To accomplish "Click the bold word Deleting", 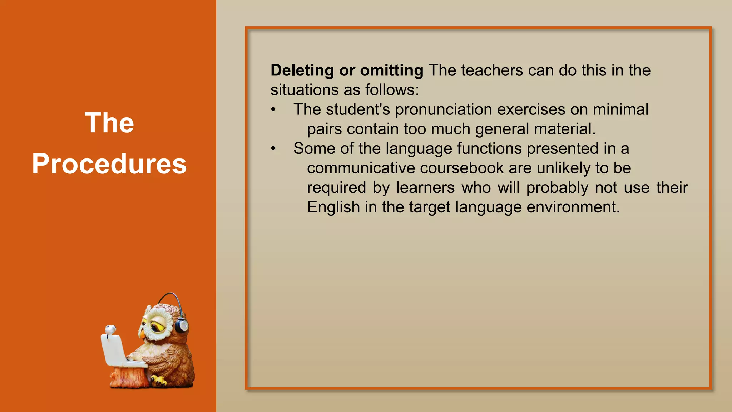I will (302, 70).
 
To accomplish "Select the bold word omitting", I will (391, 70).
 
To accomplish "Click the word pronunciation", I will (443, 109).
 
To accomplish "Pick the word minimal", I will (620, 109).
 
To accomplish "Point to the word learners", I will (425, 188).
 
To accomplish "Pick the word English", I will (333, 207).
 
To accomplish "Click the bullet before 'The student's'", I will (273, 109).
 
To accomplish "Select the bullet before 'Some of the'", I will (273, 148).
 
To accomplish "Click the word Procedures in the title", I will (109, 164).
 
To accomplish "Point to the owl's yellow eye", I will (156, 326).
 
